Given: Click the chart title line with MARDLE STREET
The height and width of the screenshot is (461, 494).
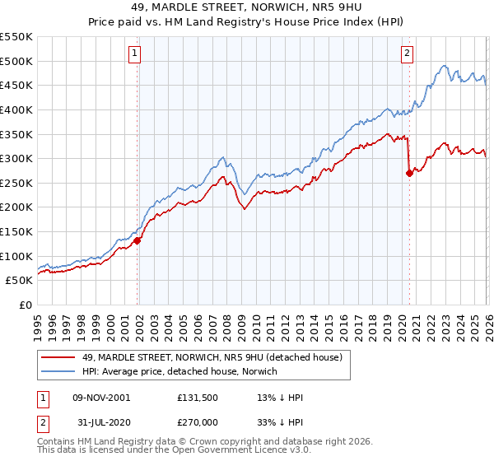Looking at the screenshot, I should point(246,8).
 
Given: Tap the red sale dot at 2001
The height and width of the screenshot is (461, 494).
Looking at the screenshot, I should point(137,240).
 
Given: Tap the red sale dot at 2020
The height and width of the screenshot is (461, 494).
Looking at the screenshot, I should point(409,173).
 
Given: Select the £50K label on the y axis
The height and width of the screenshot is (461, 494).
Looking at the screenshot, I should point(20,281).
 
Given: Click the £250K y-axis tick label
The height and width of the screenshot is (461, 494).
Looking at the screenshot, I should point(16,183).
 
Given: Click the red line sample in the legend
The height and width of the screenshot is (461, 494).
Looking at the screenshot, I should point(58,356).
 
